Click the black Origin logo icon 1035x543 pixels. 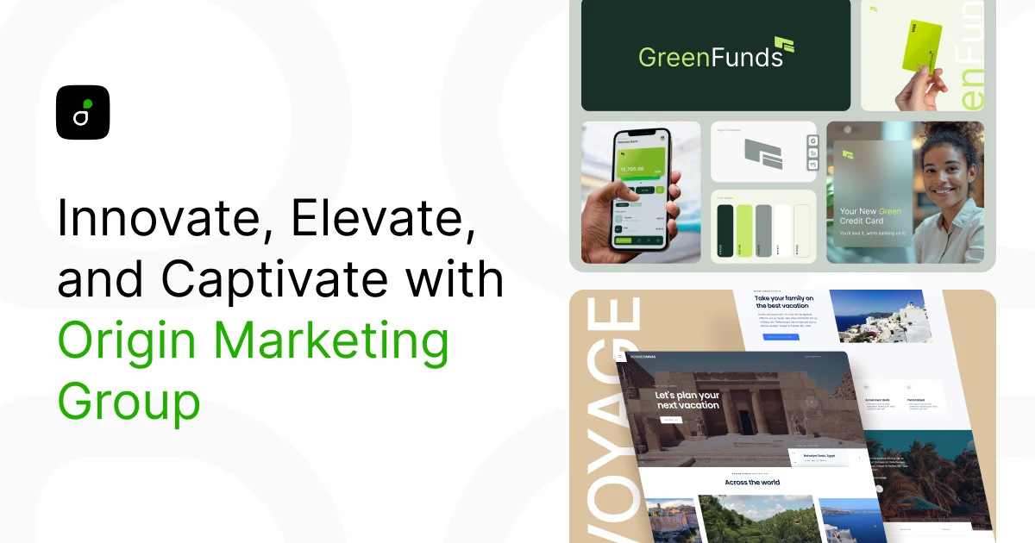(83, 112)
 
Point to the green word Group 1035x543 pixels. (129, 400)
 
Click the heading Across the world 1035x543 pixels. (752, 482)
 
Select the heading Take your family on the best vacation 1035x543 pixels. (785, 302)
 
